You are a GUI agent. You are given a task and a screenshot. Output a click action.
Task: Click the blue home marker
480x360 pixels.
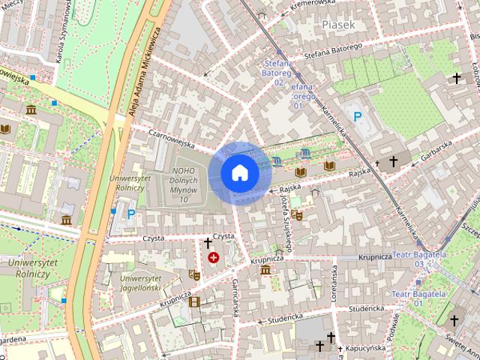[x=239, y=172]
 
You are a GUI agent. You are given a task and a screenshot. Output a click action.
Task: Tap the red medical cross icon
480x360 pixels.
[x=214, y=258]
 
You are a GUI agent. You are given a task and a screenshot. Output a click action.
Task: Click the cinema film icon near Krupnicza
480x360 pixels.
[x=195, y=301]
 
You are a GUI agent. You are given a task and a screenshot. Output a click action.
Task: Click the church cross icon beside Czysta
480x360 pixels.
[x=208, y=243]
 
